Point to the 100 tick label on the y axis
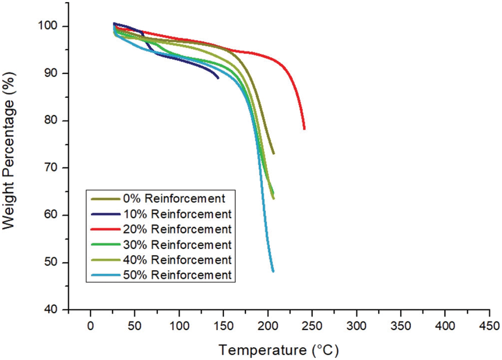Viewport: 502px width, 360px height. point(51,26)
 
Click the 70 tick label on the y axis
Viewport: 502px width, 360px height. point(53,168)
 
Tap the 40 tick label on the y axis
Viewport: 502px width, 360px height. point(53,310)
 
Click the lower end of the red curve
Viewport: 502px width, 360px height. point(304,129)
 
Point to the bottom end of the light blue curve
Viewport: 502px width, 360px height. point(273,271)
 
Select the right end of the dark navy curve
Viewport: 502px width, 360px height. point(218,78)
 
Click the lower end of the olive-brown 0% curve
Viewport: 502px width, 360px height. point(273,154)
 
